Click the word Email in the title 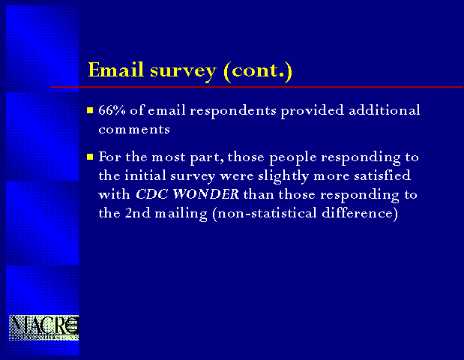coord(115,70)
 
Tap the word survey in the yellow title coord(183,72)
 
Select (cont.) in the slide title coord(258,71)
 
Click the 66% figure coord(112,109)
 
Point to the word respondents coord(233,111)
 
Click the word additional coord(385,109)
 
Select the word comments coord(134,129)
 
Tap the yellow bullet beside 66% coord(90,110)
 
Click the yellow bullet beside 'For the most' coord(90,157)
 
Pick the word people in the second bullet coord(293,157)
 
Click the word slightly coord(283,176)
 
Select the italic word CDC coord(152,194)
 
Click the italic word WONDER coord(206,194)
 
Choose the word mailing coord(181,214)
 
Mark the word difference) coord(360,214)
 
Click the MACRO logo coord(43,328)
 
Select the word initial coord(145,175)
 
